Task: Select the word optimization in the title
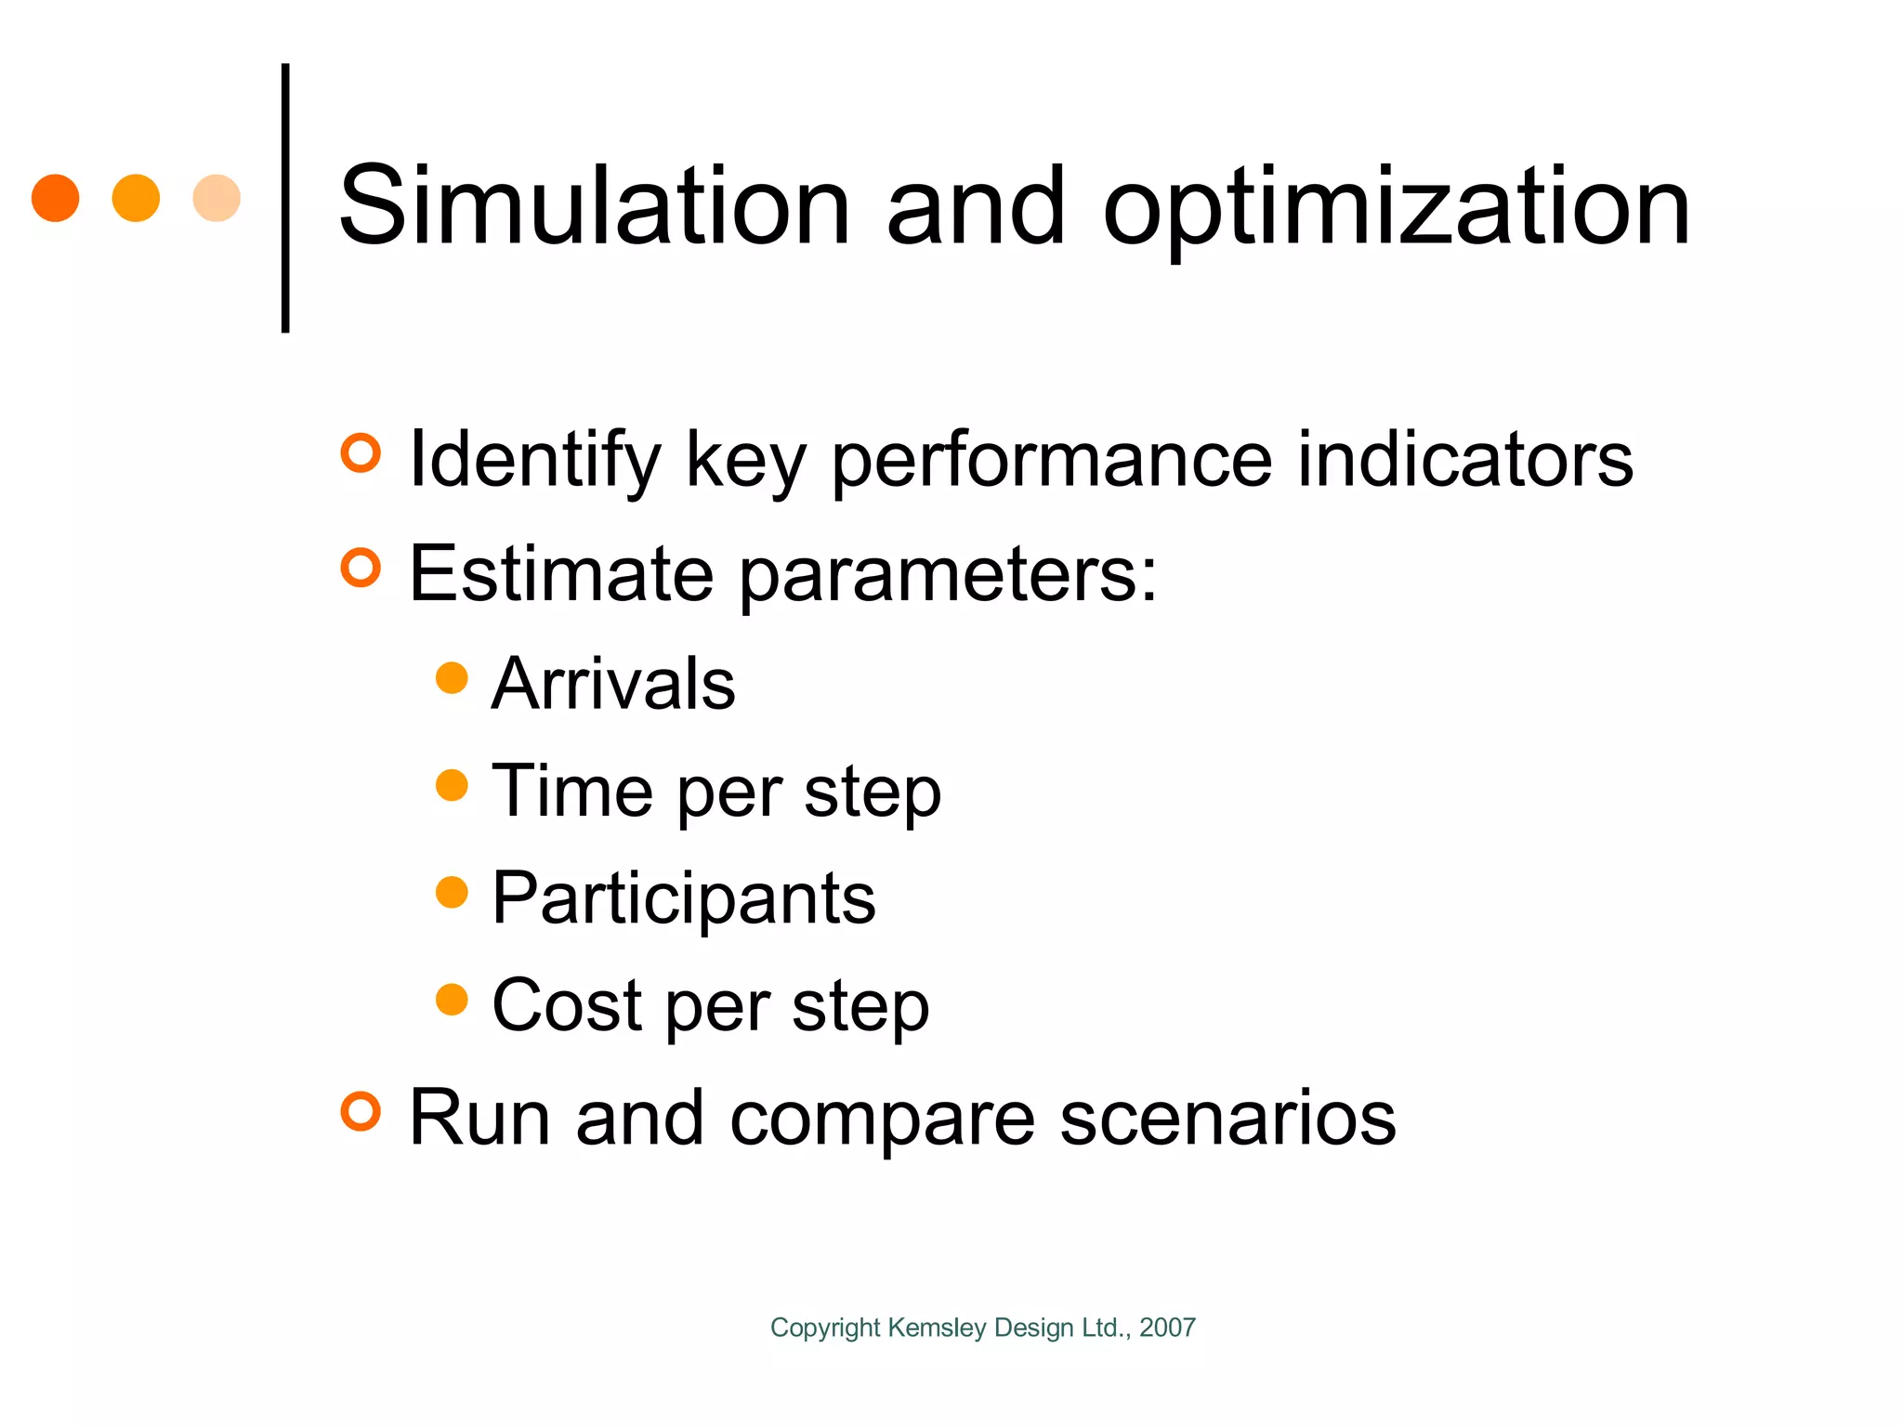tap(1396, 209)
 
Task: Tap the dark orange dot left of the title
tap(56, 198)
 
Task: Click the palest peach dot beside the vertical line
tap(217, 198)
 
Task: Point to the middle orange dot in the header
tap(136, 198)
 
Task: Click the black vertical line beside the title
tap(285, 198)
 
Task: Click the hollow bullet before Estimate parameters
tap(361, 568)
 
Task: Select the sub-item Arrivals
tap(613, 684)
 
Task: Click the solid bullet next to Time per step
tap(452, 785)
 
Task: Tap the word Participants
tap(684, 898)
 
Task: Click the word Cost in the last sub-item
tap(567, 1005)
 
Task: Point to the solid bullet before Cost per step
tap(452, 1000)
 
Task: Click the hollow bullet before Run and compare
tap(361, 1111)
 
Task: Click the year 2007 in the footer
tap(1167, 1328)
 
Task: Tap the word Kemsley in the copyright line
tap(937, 1328)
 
